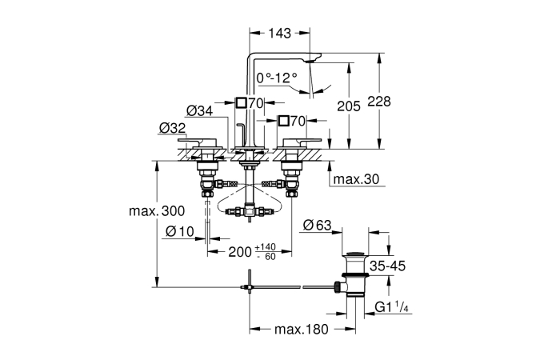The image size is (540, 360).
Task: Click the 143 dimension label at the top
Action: point(280,33)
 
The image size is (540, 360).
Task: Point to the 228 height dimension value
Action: point(379,102)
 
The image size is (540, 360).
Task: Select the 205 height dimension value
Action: point(349,106)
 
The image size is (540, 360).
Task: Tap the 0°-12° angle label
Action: point(277,78)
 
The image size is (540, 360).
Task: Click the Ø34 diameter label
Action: point(200,111)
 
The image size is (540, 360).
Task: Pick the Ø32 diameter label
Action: point(173,128)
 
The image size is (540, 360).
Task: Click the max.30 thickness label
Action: point(357,179)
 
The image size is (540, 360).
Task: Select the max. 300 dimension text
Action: point(157,211)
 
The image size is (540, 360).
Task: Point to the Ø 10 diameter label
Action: point(180,231)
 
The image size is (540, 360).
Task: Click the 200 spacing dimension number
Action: point(240,252)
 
